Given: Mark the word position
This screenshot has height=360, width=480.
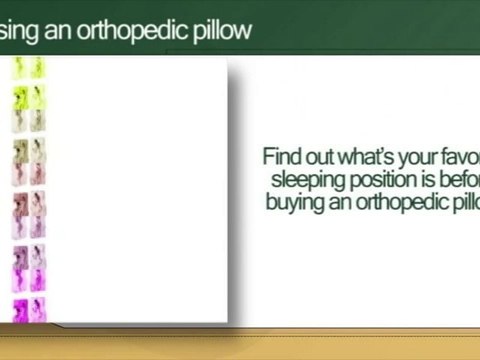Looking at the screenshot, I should [x=373, y=180].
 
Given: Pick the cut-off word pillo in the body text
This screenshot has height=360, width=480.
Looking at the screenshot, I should [x=459, y=200].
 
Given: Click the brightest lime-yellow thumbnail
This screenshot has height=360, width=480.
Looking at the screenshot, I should [x=20, y=96].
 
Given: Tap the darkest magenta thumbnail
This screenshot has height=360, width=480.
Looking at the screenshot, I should [x=20, y=309].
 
